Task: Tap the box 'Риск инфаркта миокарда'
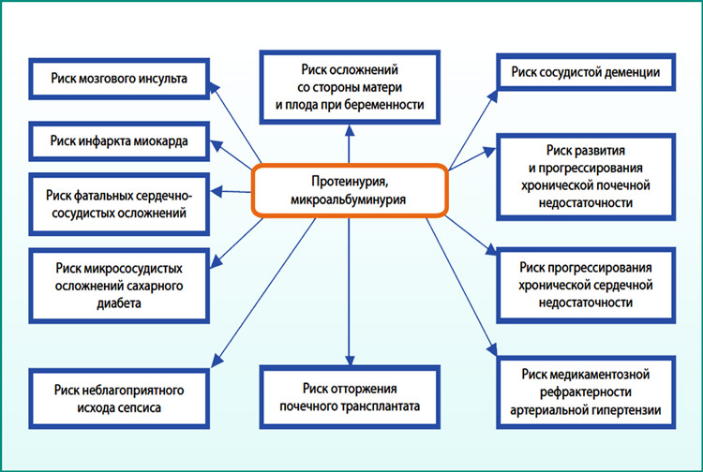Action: (x=120, y=142)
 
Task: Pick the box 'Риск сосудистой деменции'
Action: (x=586, y=72)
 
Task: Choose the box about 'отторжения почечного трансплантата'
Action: (x=350, y=398)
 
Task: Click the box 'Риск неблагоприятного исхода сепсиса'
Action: (x=120, y=399)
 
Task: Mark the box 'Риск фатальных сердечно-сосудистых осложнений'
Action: (x=120, y=203)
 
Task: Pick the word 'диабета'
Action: (x=119, y=304)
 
